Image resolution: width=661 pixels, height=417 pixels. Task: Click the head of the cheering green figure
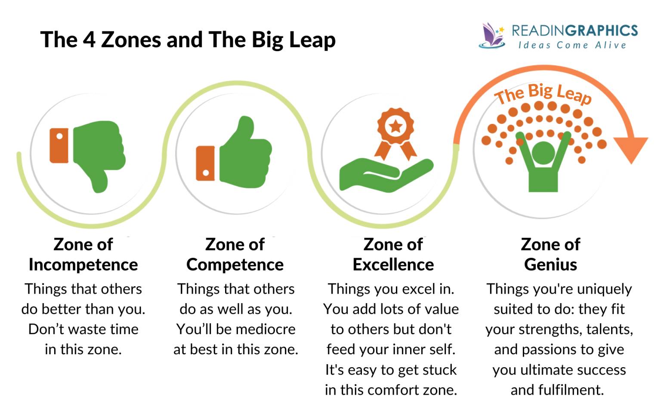(x=543, y=153)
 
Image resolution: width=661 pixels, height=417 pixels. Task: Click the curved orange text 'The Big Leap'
(x=543, y=94)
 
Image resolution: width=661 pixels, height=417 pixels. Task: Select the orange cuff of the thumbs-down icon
(x=59, y=146)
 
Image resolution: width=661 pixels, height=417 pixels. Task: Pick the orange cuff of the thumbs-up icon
(x=205, y=163)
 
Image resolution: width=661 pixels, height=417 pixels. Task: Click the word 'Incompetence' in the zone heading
(x=83, y=265)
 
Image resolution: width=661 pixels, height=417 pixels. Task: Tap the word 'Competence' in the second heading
(x=235, y=265)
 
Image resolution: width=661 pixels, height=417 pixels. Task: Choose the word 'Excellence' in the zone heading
(x=393, y=265)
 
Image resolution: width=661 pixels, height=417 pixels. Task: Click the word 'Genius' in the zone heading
(x=551, y=265)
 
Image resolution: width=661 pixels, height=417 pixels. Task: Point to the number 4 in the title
(x=89, y=39)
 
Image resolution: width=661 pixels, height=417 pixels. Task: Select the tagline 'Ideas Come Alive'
(x=572, y=45)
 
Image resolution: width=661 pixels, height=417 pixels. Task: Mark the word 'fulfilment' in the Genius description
(x=571, y=390)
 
